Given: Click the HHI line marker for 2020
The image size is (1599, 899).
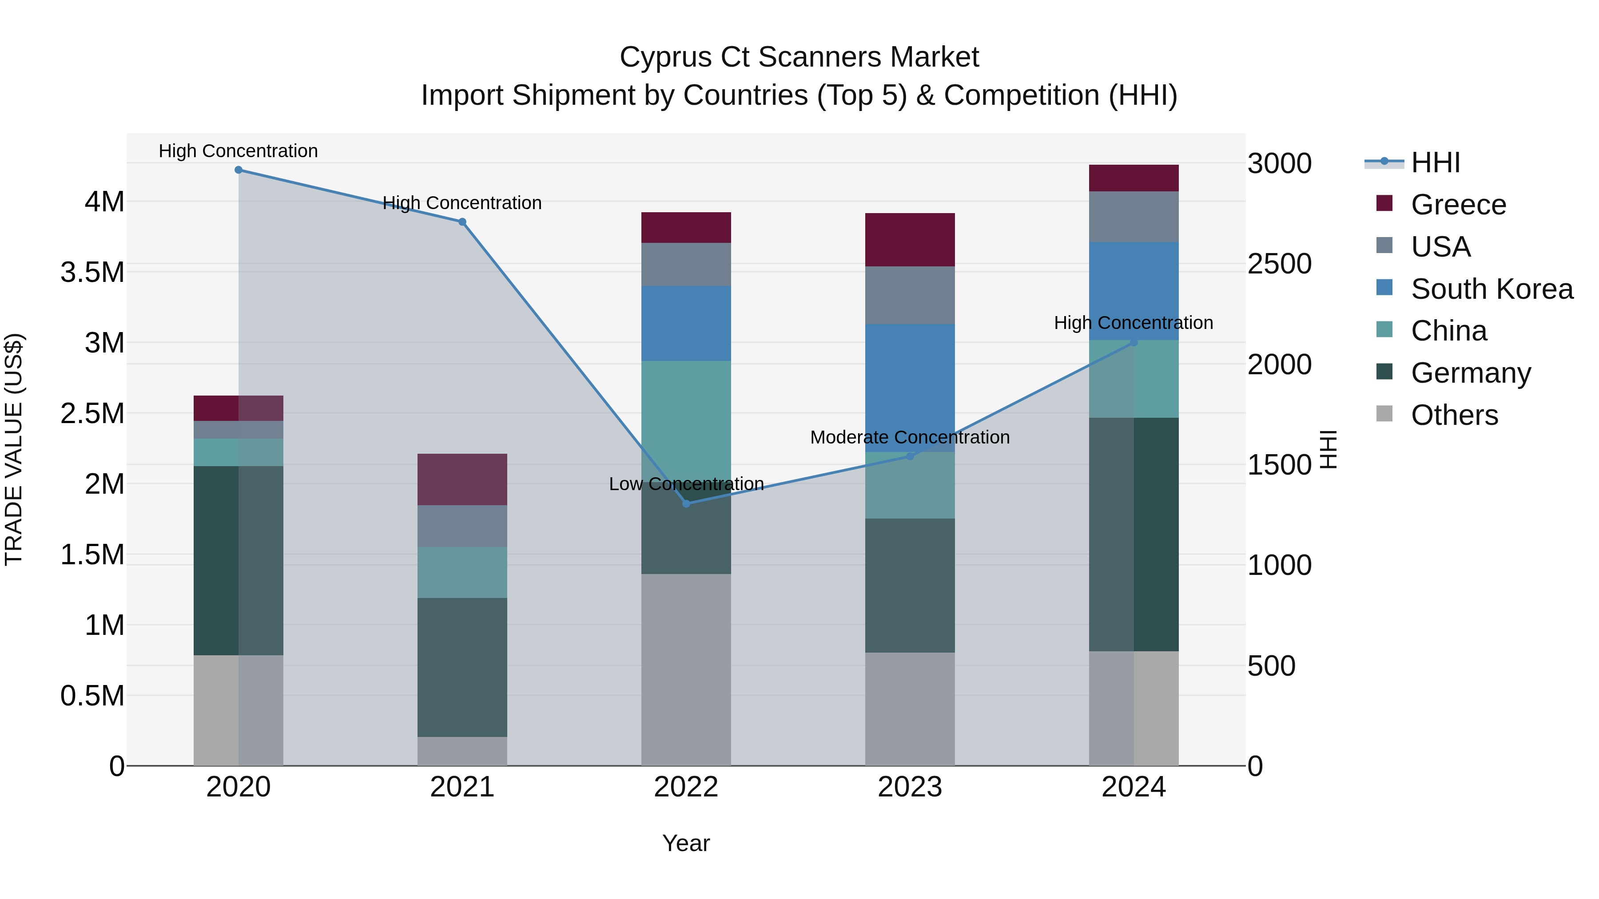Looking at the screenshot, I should pyautogui.click(x=239, y=170).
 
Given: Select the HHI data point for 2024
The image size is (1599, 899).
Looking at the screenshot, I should pyautogui.click(x=1134, y=342).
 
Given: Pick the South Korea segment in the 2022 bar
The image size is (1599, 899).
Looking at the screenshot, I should pyautogui.click(x=686, y=323).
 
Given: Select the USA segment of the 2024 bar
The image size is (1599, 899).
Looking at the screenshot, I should pyautogui.click(x=1134, y=217).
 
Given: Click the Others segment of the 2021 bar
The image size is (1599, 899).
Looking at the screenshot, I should pyautogui.click(x=462, y=751).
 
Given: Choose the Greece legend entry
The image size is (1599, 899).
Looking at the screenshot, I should pyautogui.click(x=1458, y=205).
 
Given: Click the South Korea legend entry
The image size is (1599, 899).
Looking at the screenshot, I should pyautogui.click(x=1492, y=289).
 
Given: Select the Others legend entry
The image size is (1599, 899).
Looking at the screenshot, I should pyautogui.click(x=1454, y=415).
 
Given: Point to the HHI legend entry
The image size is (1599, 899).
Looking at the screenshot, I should pyautogui.click(x=1435, y=162).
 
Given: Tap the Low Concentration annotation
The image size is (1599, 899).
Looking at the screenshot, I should pyautogui.click(x=686, y=484).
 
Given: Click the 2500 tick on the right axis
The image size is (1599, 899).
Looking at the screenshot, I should pyautogui.click(x=1279, y=264).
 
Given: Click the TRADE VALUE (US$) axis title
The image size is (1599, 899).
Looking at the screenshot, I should pyautogui.click(x=14, y=449).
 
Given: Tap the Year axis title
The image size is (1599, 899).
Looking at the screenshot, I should pyautogui.click(x=686, y=843).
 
